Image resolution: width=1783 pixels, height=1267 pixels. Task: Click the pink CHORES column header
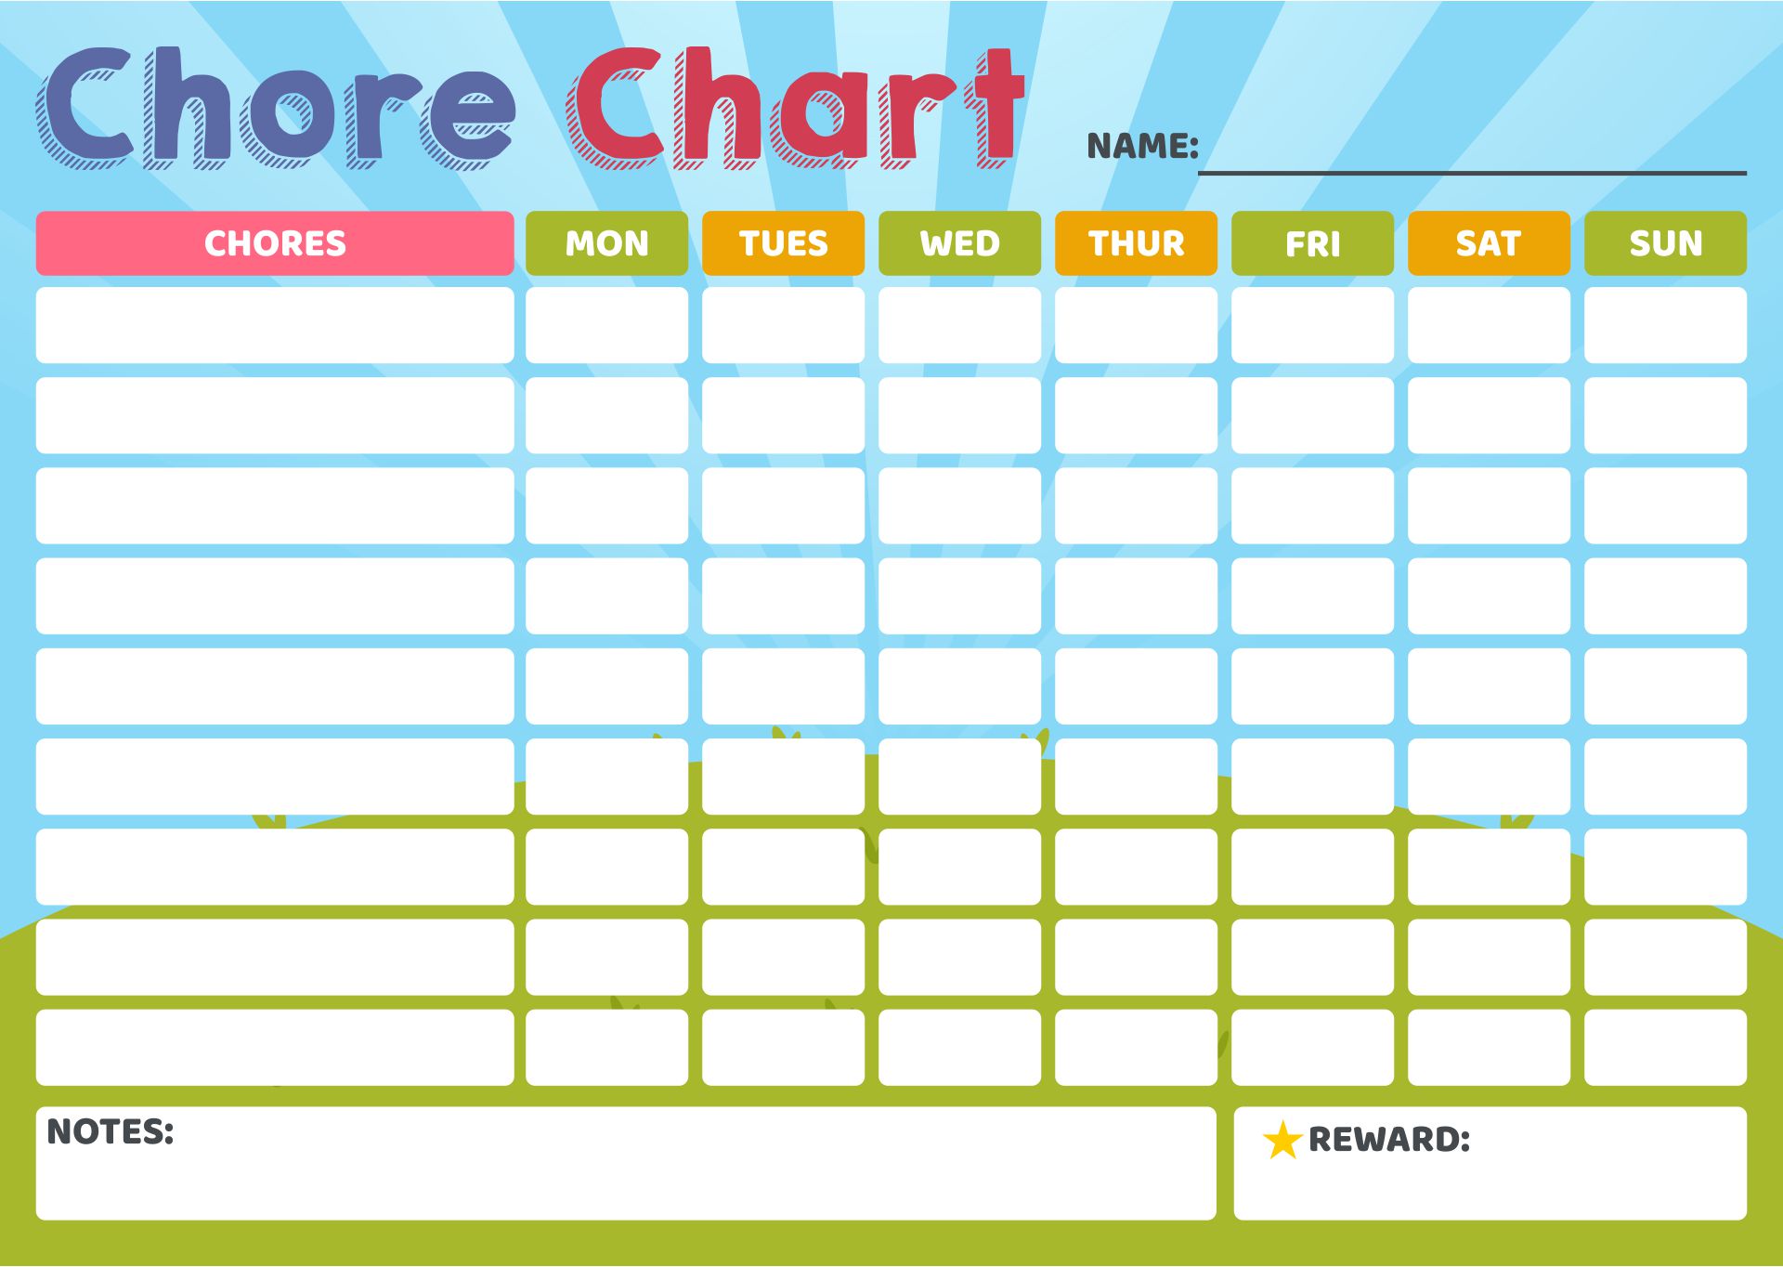pyautogui.click(x=275, y=243)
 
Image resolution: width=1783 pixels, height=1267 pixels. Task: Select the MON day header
pyautogui.click(x=607, y=243)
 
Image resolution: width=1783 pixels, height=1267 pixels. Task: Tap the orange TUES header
pyautogui.click(x=784, y=243)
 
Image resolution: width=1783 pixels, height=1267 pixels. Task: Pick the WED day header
pyautogui.click(x=960, y=243)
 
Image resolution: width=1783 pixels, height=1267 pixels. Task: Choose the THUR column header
pyautogui.click(x=1137, y=243)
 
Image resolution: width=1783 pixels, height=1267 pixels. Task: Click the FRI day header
pyautogui.click(x=1313, y=243)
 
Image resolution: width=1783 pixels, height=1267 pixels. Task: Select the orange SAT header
pyautogui.click(x=1490, y=243)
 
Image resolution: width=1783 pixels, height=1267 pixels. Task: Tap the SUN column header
pyautogui.click(x=1666, y=243)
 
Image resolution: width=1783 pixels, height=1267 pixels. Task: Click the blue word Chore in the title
pyautogui.click(x=276, y=108)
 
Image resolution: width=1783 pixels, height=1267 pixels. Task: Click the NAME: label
pyautogui.click(x=1143, y=146)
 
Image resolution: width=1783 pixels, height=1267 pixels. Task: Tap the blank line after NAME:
pyautogui.click(x=1473, y=173)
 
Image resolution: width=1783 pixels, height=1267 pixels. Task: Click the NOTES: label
pyautogui.click(x=111, y=1131)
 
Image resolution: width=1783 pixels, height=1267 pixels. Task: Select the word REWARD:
pyautogui.click(x=1389, y=1140)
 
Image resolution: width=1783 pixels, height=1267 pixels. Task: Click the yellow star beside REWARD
pyautogui.click(x=1282, y=1141)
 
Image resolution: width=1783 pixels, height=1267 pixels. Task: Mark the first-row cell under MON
pyautogui.click(x=607, y=325)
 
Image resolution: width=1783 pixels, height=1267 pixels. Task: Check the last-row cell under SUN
pyautogui.click(x=1666, y=1048)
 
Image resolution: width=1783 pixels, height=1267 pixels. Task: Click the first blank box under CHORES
pyautogui.click(x=275, y=325)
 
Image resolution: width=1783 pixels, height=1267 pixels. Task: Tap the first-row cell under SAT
pyautogui.click(x=1490, y=325)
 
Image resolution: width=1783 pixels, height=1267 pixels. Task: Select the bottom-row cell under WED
pyautogui.click(x=960, y=1048)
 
